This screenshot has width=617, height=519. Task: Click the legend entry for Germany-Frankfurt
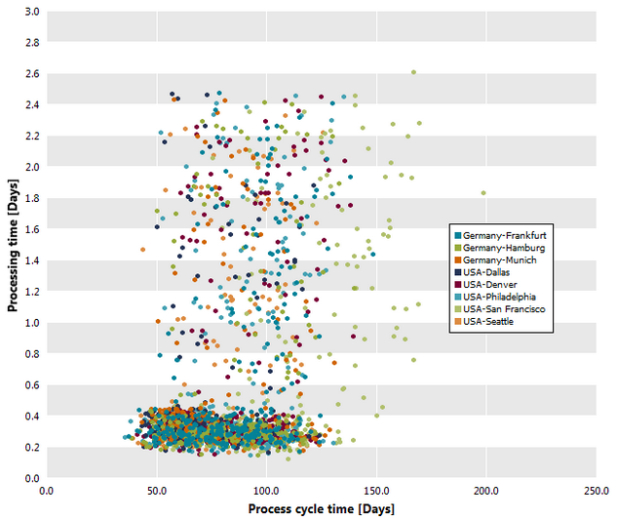point(500,235)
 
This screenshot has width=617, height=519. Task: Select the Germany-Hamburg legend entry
point(500,248)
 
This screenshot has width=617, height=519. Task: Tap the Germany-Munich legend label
point(500,259)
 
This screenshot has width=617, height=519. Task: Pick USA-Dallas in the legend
point(482,272)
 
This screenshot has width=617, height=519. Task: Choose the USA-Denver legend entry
point(485,284)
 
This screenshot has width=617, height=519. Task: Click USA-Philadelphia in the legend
point(495,297)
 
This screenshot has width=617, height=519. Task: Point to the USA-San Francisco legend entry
point(500,309)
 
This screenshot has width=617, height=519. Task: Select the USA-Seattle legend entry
point(484,321)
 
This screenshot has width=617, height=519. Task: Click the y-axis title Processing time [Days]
point(13,246)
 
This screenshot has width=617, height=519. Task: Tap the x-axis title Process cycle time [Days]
point(321,509)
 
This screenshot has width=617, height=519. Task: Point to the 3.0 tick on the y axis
point(33,12)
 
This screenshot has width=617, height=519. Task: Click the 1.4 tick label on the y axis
point(33,260)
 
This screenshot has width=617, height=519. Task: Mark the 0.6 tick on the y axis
point(33,384)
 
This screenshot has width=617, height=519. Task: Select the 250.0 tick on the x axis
point(597,491)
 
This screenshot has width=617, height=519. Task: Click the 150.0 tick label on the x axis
point(376,491)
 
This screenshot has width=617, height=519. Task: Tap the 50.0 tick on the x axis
point(157,491)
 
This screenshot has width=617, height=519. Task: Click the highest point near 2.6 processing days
point(413,72)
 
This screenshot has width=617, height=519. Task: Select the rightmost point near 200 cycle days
point(483,193)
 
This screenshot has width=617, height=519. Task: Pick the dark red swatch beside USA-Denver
point(458,284)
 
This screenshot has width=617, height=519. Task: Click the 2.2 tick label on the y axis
point(33,136)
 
